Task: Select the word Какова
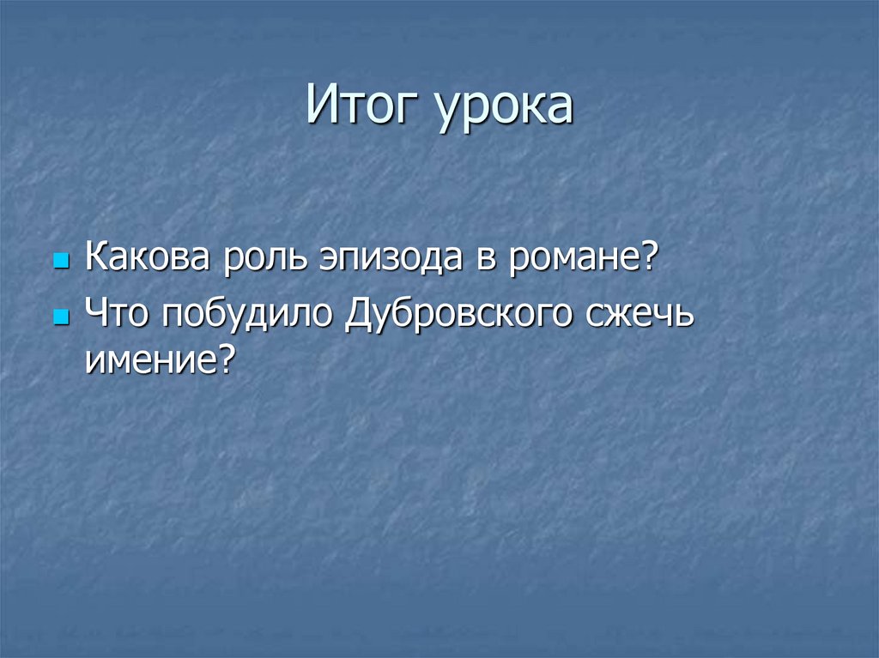148,258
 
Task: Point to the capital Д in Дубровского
360,315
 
